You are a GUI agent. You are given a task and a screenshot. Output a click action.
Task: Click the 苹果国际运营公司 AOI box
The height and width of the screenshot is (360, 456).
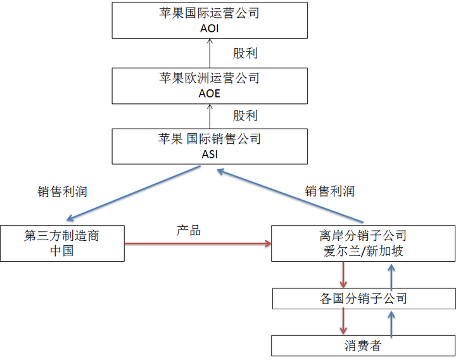[x=209, y=21]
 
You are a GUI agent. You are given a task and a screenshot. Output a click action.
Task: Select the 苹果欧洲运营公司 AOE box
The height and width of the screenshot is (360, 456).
[x=209, y=86]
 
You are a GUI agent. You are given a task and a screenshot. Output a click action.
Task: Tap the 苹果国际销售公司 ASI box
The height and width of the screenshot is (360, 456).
[x=209, y=146]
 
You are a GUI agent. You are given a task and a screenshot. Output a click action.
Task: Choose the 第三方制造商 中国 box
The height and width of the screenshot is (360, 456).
[x=62, y=243]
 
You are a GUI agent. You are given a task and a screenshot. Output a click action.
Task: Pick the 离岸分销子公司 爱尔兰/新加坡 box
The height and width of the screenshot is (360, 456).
[x=363, y=243]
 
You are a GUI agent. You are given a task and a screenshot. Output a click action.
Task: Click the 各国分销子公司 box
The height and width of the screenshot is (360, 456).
[x=363, y=298]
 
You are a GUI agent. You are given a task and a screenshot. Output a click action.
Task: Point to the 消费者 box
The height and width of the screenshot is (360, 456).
[x=363, y=345]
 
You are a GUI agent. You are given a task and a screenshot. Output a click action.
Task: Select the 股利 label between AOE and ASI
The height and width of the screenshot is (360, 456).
[x=245, y=116]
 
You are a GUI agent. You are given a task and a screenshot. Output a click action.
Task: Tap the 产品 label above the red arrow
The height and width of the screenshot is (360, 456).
[x=189, y=230]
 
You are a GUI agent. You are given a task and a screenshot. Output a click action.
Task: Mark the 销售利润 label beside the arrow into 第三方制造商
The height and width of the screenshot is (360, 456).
[x=62, y=191]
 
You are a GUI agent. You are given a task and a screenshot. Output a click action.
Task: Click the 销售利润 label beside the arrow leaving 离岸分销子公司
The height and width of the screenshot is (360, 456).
[x=329, y=191]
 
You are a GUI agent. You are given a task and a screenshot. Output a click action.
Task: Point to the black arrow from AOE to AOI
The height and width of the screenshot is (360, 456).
[x=209, y=53]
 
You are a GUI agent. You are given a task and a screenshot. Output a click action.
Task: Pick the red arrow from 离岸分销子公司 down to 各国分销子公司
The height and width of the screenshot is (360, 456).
[x=343, y=274]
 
